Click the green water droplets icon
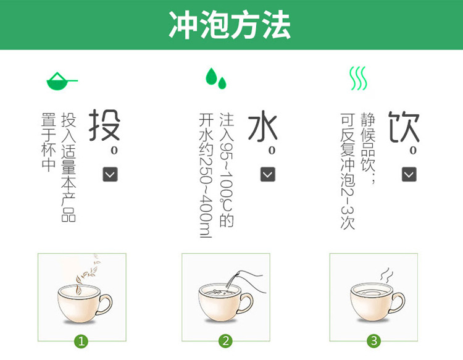coord(215,78)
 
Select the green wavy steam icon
coord(358,78)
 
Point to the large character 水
coord(262,127)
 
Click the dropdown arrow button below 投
coord(110,174)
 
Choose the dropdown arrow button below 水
coord(268,174)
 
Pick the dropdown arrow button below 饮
coord(409,174)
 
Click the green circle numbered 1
coord(81,341)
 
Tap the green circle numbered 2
coord(226,341)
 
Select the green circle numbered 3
coord(373,341)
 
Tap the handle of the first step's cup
coord(105,303)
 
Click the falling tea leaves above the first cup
coord(90,268)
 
